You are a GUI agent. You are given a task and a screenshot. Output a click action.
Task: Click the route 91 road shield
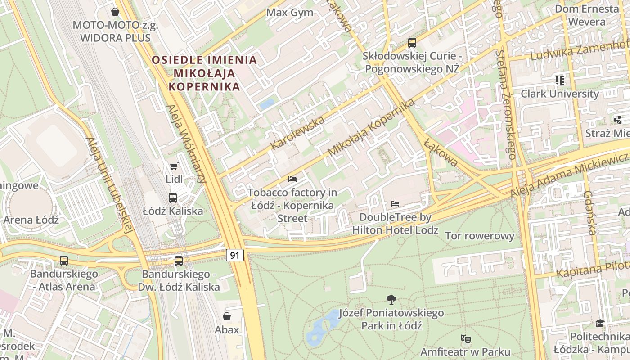tap(234, 256)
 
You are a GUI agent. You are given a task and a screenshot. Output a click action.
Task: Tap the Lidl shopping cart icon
tap(174, 166)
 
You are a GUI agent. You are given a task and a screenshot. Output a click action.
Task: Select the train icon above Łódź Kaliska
tap(173, 198)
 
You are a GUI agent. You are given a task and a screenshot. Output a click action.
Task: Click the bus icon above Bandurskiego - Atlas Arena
tap(64, 261)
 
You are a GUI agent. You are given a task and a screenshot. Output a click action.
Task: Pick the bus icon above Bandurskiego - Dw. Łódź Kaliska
tap(179, 261)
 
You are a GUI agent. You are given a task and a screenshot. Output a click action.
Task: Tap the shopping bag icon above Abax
tap(227, 316)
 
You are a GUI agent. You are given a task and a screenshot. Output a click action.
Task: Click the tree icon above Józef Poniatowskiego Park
tap(391, 299)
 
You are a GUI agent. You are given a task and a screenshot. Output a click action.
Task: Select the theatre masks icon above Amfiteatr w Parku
tap(465, 338)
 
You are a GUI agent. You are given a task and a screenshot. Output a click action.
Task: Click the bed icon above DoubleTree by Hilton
tap(395, 204)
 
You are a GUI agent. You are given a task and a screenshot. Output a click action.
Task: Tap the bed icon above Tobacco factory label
tap(292, 179)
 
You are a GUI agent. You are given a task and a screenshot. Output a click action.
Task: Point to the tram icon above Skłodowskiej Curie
tap(412, 43)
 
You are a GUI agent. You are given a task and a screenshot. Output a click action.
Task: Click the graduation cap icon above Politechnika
tap(600, 323)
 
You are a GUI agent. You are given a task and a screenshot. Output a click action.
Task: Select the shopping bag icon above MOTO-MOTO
tap(115, 12)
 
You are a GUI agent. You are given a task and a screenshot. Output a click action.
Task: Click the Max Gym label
tap(290, 12)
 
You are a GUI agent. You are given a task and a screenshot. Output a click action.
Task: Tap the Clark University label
tap(560, 94)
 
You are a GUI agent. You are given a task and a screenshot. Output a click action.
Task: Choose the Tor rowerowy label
tap(479, 236)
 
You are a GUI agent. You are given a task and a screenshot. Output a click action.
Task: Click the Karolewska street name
tap(297, 133)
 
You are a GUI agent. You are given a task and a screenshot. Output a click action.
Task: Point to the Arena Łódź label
tap(31, 220)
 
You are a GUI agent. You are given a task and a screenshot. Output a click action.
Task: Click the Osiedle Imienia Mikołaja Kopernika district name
tap(204, 73)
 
